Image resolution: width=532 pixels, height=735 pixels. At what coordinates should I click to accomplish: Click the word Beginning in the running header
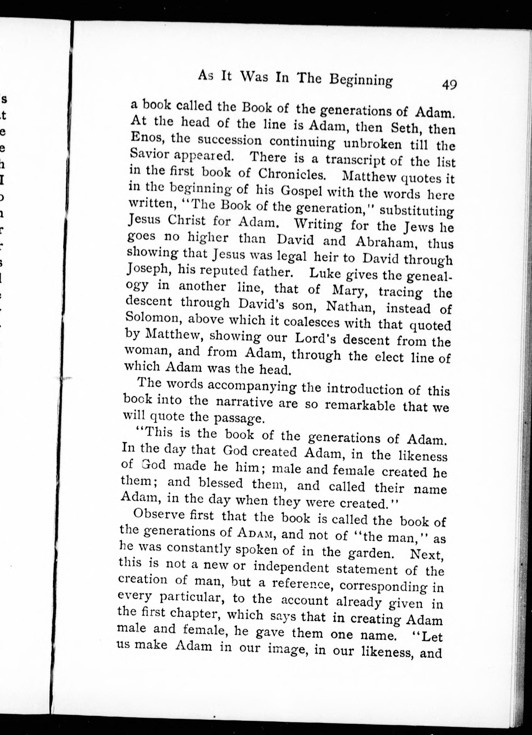pyautogui.click(x=361, y=80)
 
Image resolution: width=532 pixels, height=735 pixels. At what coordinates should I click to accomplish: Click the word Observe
pyautogui.click(x=159, y=515)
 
